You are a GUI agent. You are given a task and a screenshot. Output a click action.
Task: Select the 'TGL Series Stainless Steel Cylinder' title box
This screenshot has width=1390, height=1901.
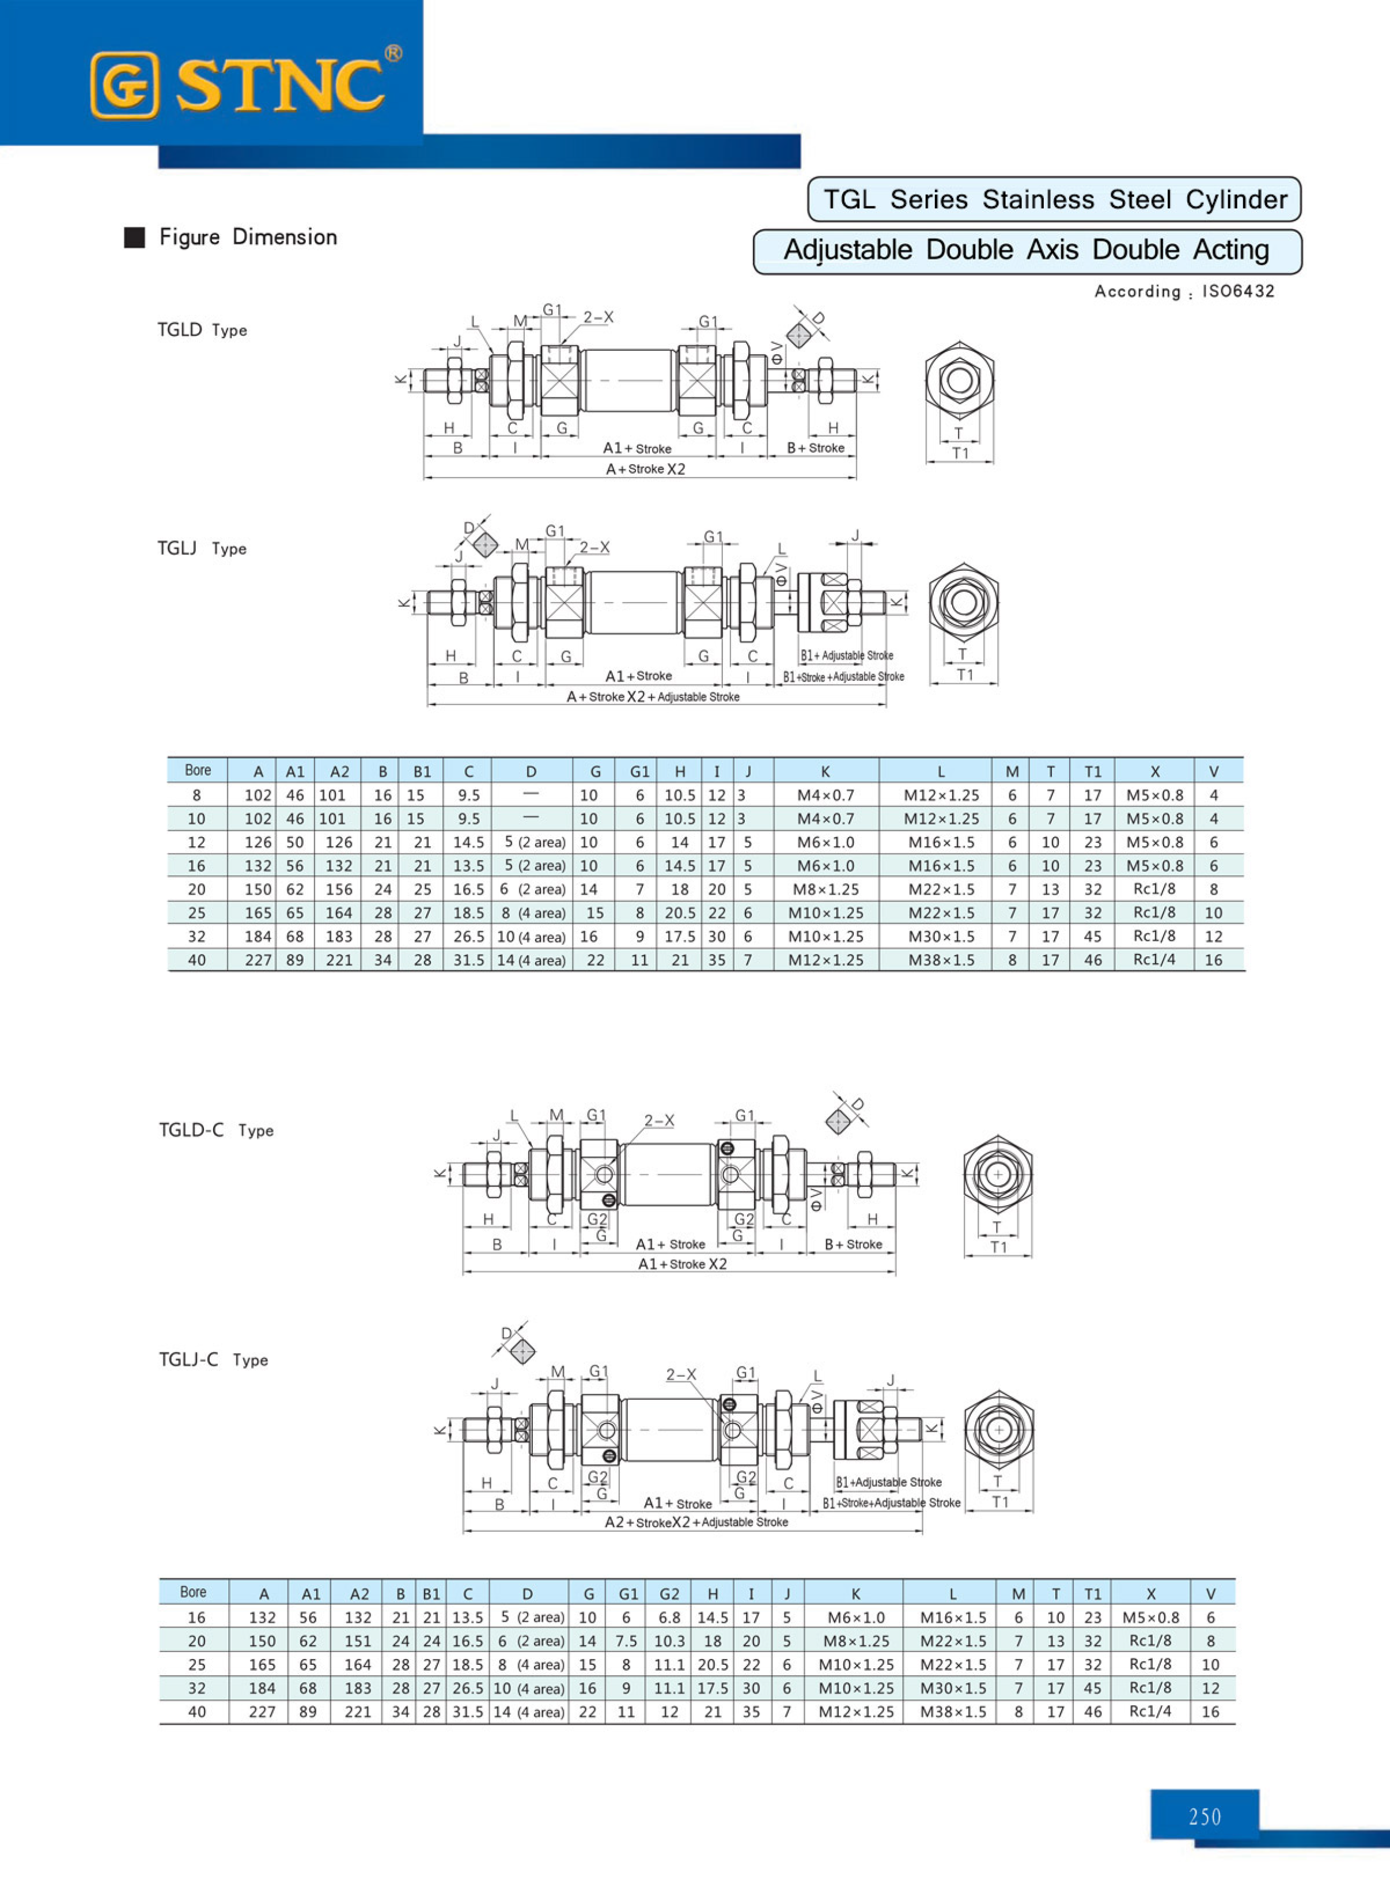[1054, 199]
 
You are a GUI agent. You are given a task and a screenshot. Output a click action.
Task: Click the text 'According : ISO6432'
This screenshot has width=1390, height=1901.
[1184, 291]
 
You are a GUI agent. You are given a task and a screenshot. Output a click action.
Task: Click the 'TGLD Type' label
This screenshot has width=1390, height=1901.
[202, 330]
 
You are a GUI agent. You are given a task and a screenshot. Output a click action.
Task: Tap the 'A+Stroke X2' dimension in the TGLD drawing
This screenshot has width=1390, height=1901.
[645, 469]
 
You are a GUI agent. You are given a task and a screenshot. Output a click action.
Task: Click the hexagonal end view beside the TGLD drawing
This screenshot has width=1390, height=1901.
[959, 380]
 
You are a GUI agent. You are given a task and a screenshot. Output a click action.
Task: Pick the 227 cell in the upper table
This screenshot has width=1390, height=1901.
[257, 960]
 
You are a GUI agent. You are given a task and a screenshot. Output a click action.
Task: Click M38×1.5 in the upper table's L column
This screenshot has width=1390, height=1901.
[941, 960]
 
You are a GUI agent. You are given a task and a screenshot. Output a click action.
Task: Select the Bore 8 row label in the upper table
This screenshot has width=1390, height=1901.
[197, 795]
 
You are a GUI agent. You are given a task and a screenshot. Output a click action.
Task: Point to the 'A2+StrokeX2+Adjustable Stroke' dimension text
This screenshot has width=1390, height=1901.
[696, 1523]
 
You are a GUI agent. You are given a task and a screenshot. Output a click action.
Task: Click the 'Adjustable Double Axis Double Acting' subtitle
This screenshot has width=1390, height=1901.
[1027, 251]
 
